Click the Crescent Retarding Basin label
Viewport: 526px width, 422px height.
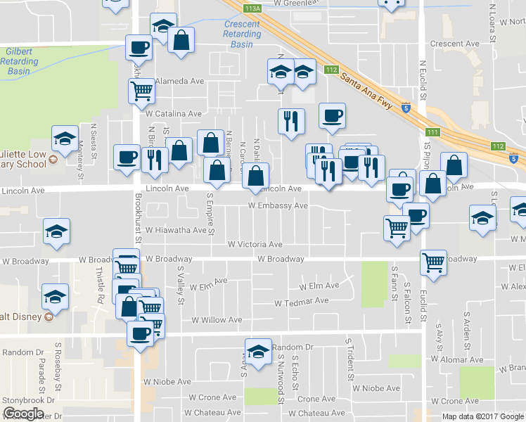(241, 34)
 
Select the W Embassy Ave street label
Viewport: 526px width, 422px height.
(278, 206)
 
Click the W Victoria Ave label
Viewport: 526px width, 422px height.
(255, 245)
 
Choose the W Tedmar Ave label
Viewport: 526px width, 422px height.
(302, 302)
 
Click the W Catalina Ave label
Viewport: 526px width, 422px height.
(174, 113)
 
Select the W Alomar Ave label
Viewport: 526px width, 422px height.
(458, 359)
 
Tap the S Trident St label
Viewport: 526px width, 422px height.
(348, 351)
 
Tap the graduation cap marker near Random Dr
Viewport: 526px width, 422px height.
(258, 351)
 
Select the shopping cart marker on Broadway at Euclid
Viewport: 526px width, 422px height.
(433, 262)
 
